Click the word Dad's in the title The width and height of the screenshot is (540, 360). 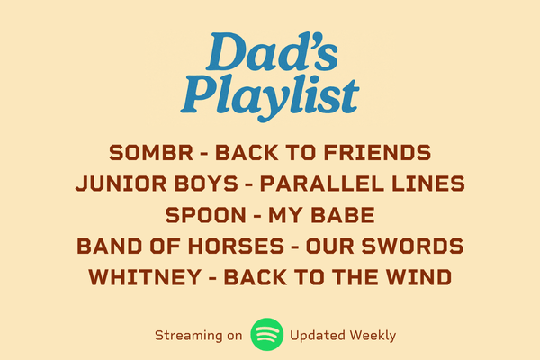click(272, 51)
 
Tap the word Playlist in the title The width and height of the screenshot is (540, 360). click(270, 97)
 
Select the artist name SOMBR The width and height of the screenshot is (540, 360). click(151, 153)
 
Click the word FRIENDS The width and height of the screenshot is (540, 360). click(377, 153)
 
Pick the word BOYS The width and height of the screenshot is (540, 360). click(206, 184)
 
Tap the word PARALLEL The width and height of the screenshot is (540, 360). click(321, 184)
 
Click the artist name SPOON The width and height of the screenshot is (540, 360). click(205, 215)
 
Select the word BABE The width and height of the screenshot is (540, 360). click(343, 215)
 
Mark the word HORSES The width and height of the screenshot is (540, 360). click(236, 246)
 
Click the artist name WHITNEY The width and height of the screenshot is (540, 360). click(145, 277)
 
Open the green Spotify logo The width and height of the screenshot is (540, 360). click(267, 335)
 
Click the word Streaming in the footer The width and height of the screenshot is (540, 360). click(189, 335)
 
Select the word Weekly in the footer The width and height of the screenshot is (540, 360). click(373, 335)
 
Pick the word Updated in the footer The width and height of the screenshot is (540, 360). click(318, 335)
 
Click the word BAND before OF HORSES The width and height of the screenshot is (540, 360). click(109, 246)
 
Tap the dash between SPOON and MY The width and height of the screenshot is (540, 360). click(256, 216)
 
